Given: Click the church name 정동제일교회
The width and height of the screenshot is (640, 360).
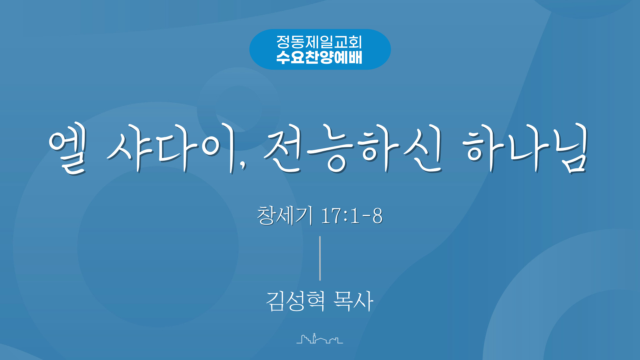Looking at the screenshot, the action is (x=319, y=42).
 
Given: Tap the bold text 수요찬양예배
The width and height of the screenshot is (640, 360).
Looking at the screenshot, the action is (x=319, y=57).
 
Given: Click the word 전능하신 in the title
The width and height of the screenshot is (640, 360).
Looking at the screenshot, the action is (x=353, y=148).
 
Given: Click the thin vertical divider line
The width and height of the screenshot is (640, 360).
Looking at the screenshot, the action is (x=320, y=258).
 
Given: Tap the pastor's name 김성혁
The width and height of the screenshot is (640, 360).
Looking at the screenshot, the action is (x=295, y=301).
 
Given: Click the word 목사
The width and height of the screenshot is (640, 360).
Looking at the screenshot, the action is (x=353, y=301).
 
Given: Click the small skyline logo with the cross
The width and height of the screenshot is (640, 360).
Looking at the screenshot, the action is (x=320, y=339).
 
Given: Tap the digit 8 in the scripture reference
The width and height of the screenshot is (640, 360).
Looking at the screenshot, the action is (x=377, y=216).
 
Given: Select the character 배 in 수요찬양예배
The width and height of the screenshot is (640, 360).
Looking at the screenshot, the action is (x=355, y=57).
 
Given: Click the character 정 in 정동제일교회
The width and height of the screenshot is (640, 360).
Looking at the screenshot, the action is (x=283, y=42).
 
